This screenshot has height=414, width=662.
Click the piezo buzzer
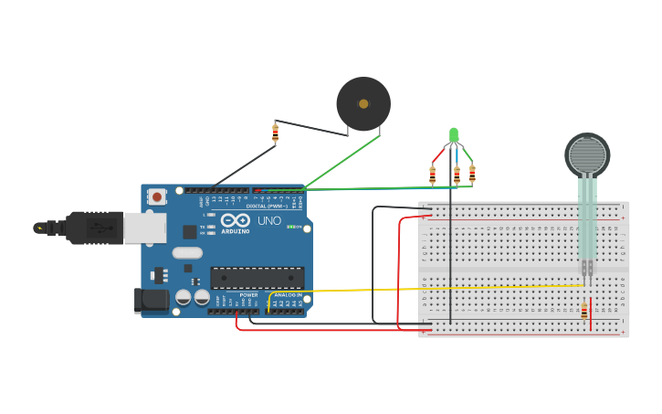pyautogui.click(x=363, y=104)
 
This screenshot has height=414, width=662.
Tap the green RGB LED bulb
pyautogui.click(x=454, y=135)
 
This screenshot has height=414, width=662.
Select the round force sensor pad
pyautogui.click(x=587, y=155)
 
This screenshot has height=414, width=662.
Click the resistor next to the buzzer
pyautogui.click(x=275, y=133)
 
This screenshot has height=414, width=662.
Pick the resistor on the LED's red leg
pyautogui.click(x=433, y=175)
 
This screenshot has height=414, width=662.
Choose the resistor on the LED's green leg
pyautogui.click(x=472, y=174)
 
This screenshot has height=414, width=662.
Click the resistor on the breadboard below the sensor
pyautogui.click(x=583, y=313)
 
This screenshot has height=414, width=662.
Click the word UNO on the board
pyautogui.click(x=269, y=220)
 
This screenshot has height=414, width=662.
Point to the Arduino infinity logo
pyautogui.click(x=235, y=220)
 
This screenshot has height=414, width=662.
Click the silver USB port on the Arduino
pyautogui.click(x=144, y=228)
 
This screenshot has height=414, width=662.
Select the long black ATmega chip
pyautogui.click(x=257, y=277)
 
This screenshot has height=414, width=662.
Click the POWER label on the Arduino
pyautogui.click(x=248, y=295)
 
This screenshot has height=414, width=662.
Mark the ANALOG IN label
pyautogui.click(x=288, y=295)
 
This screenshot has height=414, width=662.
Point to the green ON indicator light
pyautogui.click(x=289, y=226)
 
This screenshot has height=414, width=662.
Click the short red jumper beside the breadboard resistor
pyautogui.click(x=591, y=313)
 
